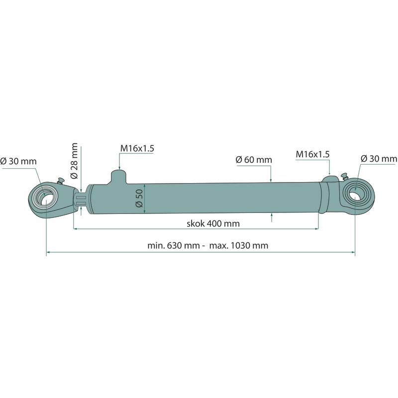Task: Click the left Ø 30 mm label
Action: [x=18, y=161]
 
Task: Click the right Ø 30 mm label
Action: [x=379, y=159]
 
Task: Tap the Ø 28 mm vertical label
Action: [x=74, y=161]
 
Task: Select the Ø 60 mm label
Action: [x=254, y=160]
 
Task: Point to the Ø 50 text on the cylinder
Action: [x=139, y=198]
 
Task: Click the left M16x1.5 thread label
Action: [x=137, y=148]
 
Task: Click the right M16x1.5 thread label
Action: [x=313, y=154]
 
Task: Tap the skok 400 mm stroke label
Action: [x=213, y=223]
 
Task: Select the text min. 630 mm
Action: [x=174, y=245]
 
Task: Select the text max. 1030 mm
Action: [x=239, y=245]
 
